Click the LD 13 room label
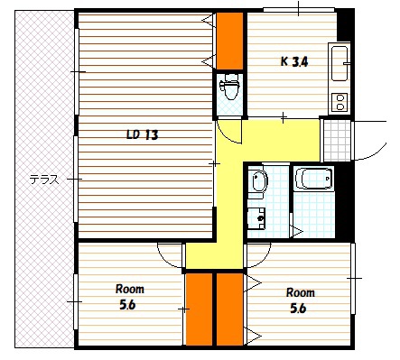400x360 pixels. (143, 134)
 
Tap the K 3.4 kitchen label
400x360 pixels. (294, 62)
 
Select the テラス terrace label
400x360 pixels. (43, 180)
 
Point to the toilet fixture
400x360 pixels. (229, 87)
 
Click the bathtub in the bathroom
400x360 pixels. (314, 179)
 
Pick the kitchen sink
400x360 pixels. (340, 63)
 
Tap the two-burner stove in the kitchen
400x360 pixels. (340, 102)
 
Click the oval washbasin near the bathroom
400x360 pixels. (259, 180)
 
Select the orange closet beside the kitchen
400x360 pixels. (230, 41)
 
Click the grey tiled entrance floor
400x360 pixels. (337, 141)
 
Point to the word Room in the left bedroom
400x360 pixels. (130, 289)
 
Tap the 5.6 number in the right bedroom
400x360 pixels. (298, 309)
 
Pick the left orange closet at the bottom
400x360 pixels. (200, 309)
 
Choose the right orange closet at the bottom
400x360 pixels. (230, 309)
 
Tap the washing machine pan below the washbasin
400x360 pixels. (256, 217)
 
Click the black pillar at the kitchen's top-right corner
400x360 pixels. (345, 25)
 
